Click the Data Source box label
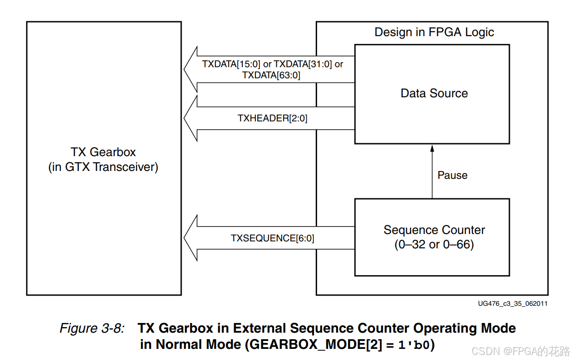click(x=434, y=93)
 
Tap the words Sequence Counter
click(x=434, y=230)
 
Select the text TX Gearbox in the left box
click(x=103, y=152)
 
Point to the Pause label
click(x=452, y=175)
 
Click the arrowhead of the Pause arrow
click(x=432, y=148)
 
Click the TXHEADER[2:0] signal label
click(x=272, y=118)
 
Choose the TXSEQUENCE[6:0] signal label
click(x=272, y=238)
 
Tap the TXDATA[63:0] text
click(x=271, y=75)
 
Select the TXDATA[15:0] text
click(x=231, y=64)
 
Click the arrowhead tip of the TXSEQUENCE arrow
click(x=185, y=238)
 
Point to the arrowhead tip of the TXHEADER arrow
click(x=185, y=118)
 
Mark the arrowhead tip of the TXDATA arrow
click(x=185, y=69)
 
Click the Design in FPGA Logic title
click(x=434, y=32)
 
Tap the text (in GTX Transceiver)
click(x=103, y=167)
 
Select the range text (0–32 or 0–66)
click(x=434, y=244)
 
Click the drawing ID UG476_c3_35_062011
click(x=513, y=303)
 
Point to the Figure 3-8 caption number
click(x=92, y=328)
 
